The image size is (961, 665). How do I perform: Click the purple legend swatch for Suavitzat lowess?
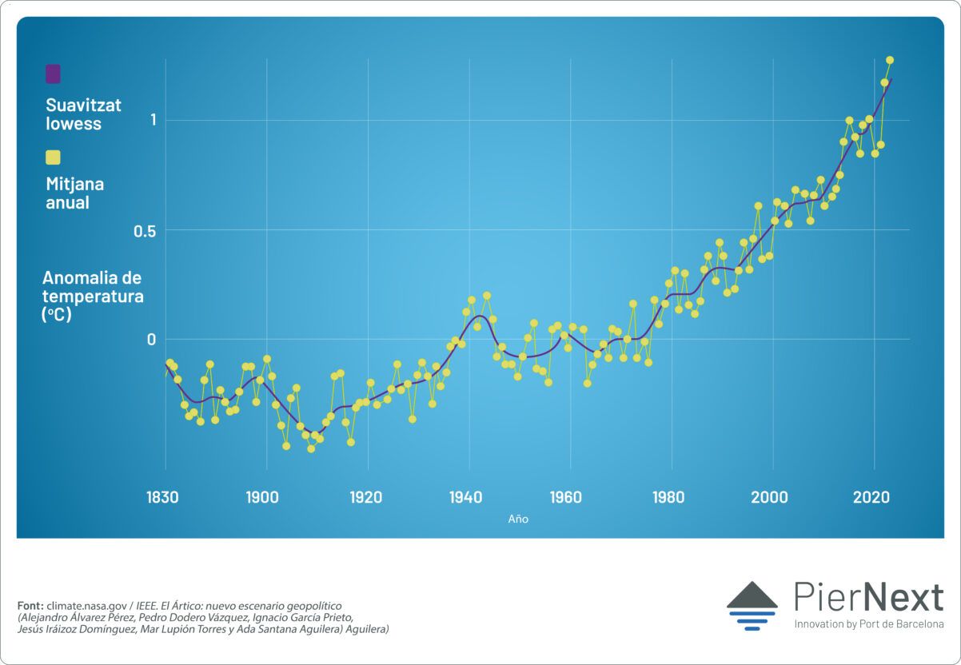pyautogui.click(x=53, y=74)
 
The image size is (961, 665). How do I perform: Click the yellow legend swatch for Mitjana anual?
pyautogui.click(x=53, y=157)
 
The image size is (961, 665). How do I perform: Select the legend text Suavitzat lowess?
pyautogui.click(x=83, y=114)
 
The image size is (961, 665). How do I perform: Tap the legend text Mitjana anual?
pyautogui.click(x=74, y=193)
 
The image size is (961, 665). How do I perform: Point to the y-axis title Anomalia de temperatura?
pyautogui.click(x=92, y=296)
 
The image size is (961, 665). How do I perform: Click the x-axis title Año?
pyautogui.click(x=518, y=519)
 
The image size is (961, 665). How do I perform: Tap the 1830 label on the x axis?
pyautogui.click(x=162, y=497)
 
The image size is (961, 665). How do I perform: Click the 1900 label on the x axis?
pyautogui.click(x=263, y=497)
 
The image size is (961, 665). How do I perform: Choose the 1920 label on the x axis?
pyautogui.click(x=365, y=497)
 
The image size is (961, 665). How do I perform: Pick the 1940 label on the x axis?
pyautogui.click(x=466, y=497)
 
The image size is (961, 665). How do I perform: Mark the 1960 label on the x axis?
pyautogui.click(x=567, y=497)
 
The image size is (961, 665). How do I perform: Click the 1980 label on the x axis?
pyautogui.click(x=668, y=497)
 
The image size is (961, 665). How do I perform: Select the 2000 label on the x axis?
pyautogui.click(x=770, y=497)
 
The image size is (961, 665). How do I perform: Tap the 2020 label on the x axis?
pyautogui.click(x=871, y=497)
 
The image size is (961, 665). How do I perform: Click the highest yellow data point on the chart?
pyautogui.click(x=890, y=60)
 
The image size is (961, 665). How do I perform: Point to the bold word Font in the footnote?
pyautogui.click(x=30, y=606)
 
